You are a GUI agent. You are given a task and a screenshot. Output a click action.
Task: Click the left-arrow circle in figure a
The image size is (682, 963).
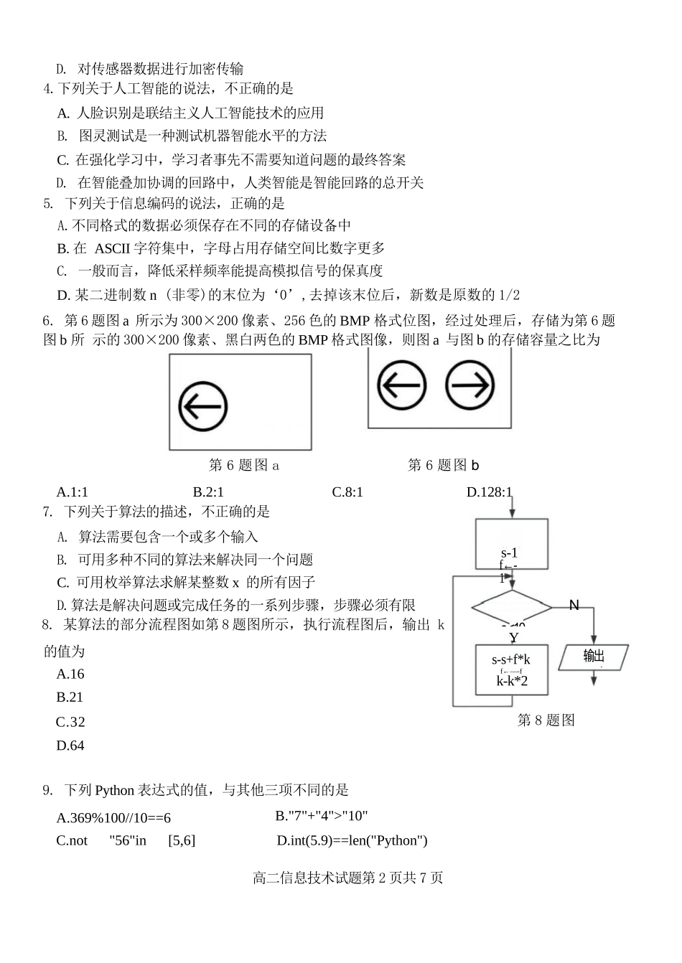[203, 406]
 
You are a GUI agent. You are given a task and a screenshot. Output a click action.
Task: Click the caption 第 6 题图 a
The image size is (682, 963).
[244, 466]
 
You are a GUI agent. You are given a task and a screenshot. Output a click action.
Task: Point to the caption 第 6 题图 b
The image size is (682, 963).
[443, 466]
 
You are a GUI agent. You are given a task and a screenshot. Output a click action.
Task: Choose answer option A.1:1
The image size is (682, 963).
[72, 492]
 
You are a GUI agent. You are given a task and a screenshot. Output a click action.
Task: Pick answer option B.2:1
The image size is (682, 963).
[208, 492]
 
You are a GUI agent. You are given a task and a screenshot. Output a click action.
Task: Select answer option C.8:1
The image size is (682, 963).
[347, 492]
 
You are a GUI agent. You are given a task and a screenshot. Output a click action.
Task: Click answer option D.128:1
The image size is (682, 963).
[490, 492]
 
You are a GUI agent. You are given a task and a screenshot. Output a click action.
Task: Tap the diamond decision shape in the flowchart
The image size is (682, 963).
[511, 608]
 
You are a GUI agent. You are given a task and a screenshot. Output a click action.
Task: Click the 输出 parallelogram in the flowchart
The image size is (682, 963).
[594, 656]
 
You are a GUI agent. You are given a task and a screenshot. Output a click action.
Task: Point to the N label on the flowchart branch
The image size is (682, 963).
[574, 606]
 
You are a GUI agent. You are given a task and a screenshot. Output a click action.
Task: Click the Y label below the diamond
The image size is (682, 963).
[514, 637]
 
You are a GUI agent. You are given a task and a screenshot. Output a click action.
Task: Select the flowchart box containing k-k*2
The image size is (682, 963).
[511, 670]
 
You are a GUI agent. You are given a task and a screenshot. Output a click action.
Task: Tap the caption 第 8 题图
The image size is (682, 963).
[546, 720]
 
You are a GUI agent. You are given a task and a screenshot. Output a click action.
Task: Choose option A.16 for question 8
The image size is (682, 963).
[70, 674]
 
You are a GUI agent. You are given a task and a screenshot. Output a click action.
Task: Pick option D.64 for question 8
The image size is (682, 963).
[70, 746]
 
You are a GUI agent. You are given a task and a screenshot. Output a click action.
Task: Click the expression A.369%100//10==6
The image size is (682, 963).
[113, 818]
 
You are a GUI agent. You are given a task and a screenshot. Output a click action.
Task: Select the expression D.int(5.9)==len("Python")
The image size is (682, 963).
[352, 840]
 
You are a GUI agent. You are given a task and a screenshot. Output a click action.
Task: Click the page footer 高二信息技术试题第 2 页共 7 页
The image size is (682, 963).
[348, 878]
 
